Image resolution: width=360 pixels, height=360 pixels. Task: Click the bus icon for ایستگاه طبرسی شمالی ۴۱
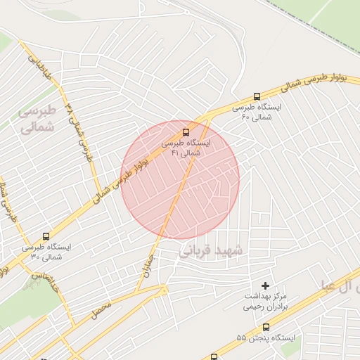coord(186,132)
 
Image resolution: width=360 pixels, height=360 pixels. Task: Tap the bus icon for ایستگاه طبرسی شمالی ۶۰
coord(256,97)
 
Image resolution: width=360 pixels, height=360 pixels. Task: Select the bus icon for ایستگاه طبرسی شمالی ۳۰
coord(46,237)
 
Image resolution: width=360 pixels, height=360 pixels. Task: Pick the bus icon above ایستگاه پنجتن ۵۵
coord(266,327)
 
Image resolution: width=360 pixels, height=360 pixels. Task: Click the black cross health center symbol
coord(265,285)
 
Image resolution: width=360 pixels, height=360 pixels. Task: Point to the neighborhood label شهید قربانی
coord(210,251)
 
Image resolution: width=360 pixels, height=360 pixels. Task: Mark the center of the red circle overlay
coord(181,179)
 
